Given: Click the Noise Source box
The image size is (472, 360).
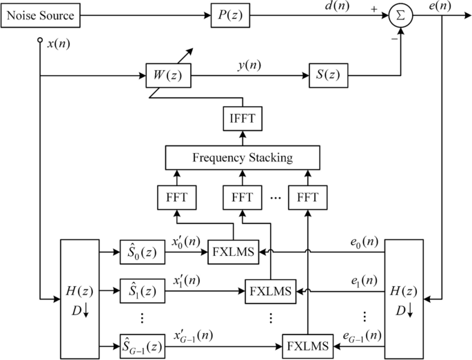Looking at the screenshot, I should (41, 15).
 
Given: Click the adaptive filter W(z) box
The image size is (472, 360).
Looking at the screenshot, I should (167, 74).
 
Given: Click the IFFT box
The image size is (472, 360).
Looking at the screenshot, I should (242, 119).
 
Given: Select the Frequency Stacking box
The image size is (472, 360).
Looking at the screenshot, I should (242, 158).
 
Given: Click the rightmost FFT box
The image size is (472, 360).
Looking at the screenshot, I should (307, 197).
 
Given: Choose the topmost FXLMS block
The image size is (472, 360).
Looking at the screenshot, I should (232, 253).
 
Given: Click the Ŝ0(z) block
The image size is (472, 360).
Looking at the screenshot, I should (143, 253).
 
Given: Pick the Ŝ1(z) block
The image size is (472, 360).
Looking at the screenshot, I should (143, 288).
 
